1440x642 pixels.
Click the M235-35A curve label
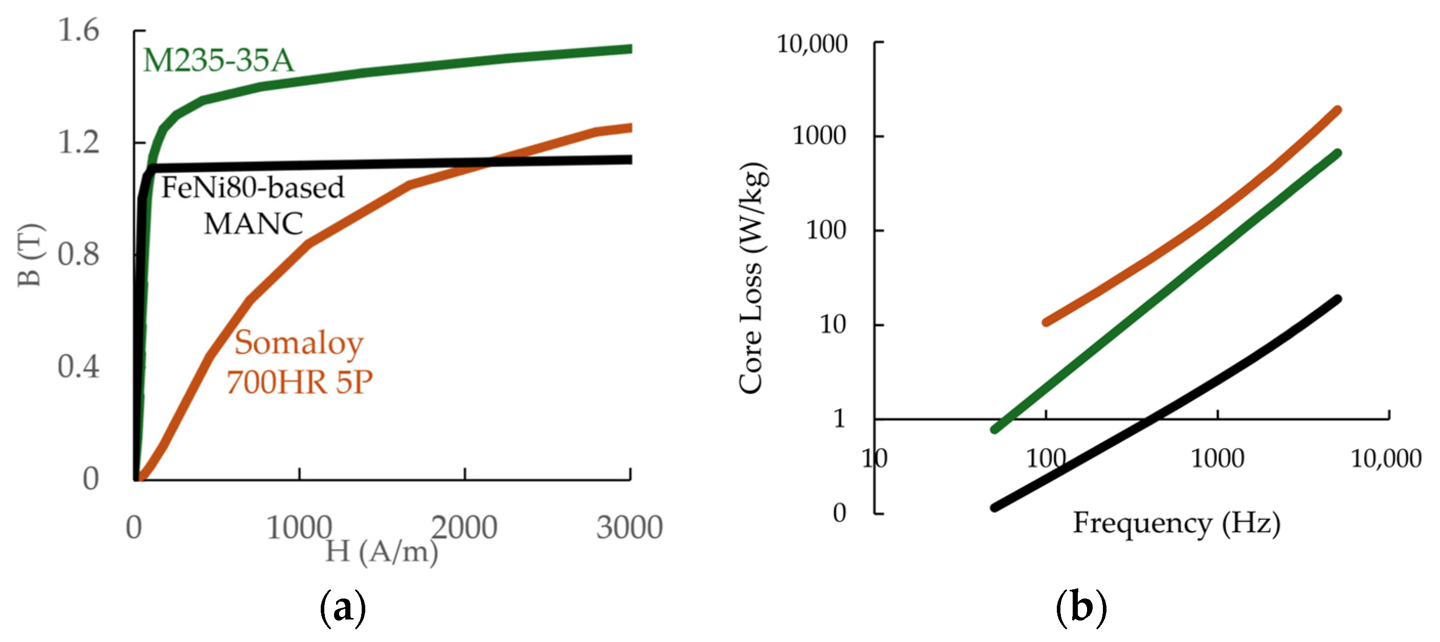pos(218,60)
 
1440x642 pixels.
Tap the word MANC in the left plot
pos(253,224)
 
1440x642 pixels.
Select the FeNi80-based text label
pos(253,188)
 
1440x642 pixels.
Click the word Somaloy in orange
pos(299,343)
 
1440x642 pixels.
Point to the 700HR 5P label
pos(300,383)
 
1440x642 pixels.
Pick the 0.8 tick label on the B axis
pos(78,254)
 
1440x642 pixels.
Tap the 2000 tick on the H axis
pos(464,527)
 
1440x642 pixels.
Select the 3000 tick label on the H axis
pos(629,527)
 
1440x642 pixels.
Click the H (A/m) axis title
pos(382,552)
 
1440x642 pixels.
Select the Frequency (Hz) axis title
pos(1176,524)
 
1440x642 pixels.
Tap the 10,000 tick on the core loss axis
pos(812,43)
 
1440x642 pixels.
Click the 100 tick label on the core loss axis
pos(826,230)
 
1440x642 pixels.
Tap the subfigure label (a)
pos(343,607)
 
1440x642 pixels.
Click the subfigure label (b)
pos(1081,607)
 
